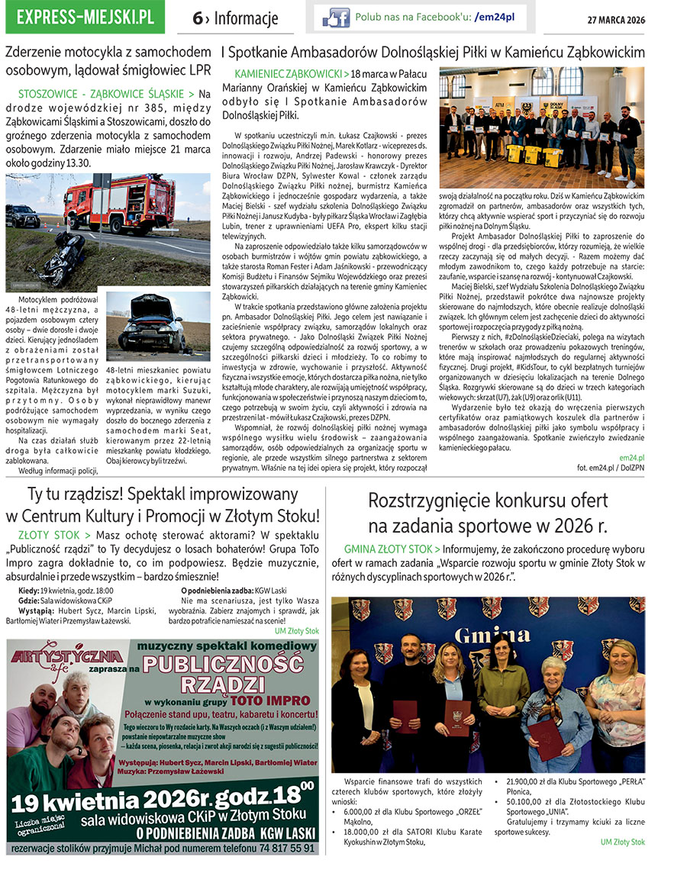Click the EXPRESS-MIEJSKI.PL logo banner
pos(85,18)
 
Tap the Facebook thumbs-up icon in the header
pos(336,18)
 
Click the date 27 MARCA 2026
pos(615,19)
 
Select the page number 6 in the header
pos(197,19)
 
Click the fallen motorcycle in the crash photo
pos(63,259)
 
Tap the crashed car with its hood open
pos(156,329)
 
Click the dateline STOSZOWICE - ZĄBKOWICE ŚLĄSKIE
pos(105,94)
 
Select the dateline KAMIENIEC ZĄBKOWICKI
pos(289,74)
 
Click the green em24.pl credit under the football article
pos(631,457)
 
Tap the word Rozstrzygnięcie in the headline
pos(439,501)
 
